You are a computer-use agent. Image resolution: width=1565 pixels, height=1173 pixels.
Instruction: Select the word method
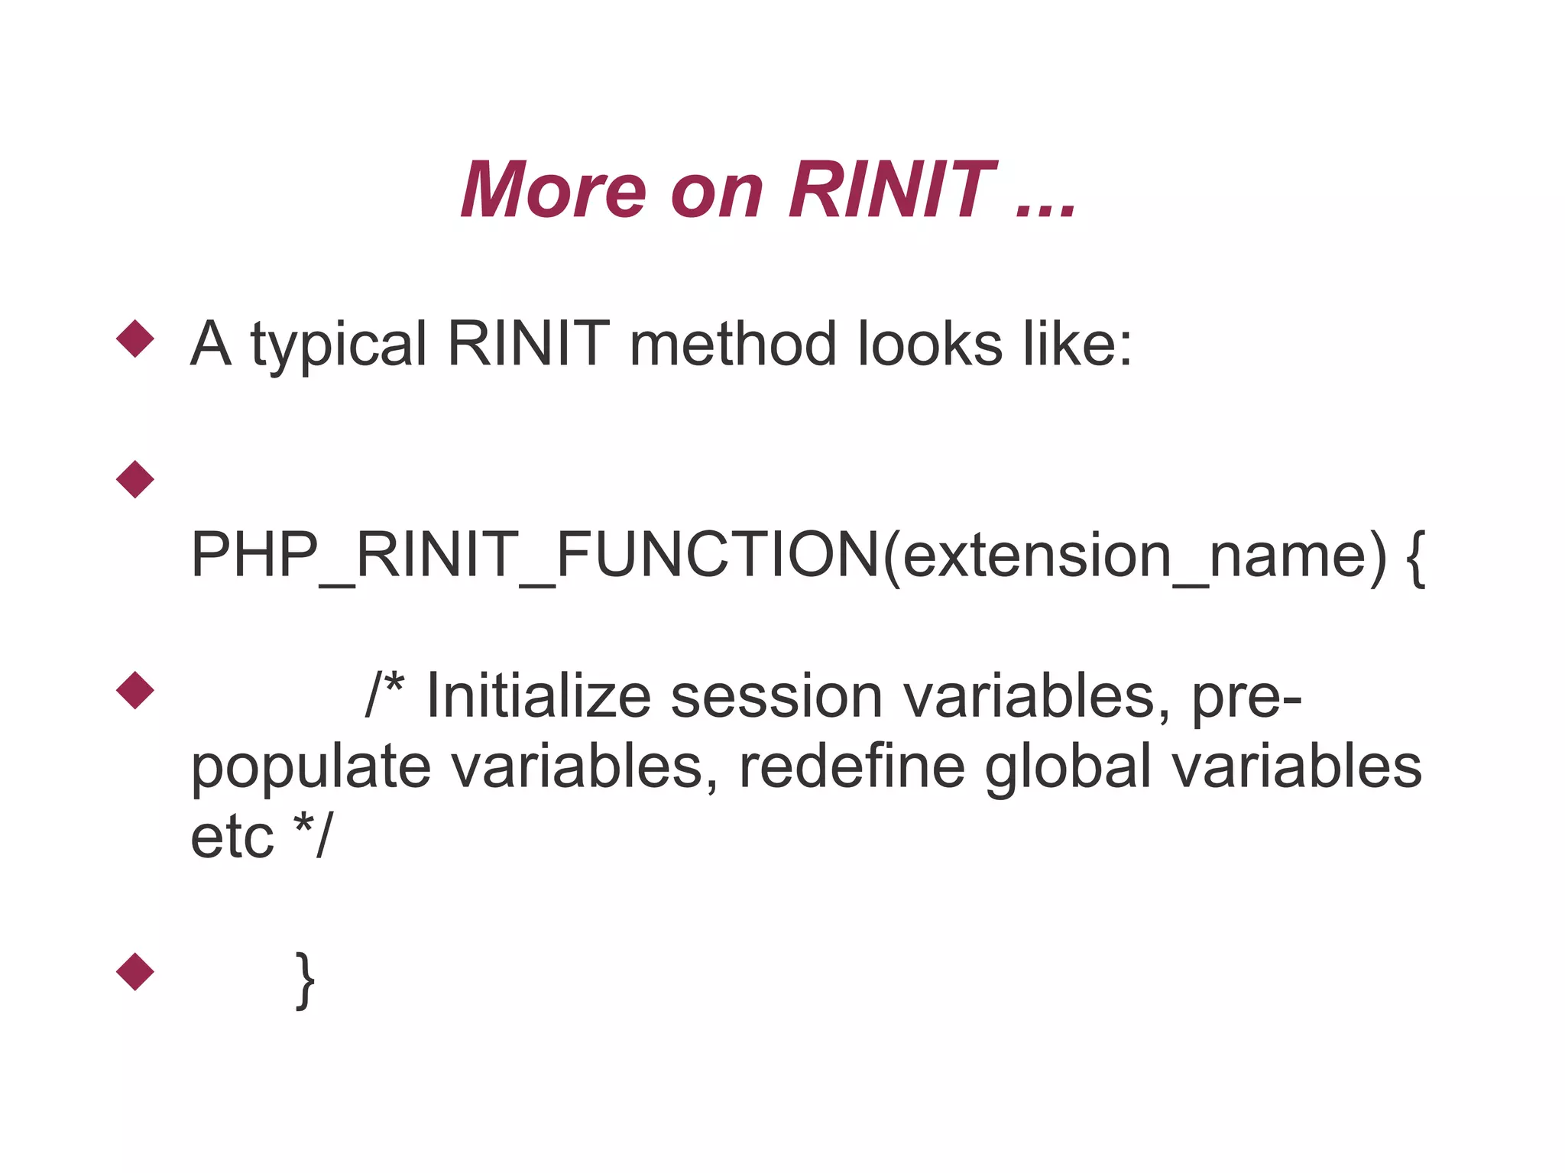pos(733,344)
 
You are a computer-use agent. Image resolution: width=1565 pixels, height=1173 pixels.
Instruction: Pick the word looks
pos(929,344)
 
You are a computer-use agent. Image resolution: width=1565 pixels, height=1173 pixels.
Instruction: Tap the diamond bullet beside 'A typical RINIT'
pos(135,338)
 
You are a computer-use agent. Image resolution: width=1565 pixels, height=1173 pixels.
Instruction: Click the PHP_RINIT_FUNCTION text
pos(534,555)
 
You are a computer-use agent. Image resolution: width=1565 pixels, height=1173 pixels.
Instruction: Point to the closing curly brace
pos(305,980)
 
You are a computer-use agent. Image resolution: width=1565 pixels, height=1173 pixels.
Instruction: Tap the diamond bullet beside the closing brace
pos(135,971)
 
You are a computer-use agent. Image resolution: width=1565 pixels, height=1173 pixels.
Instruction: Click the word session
pos(776,697)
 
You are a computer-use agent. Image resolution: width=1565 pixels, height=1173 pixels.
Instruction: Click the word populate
pos(310,768)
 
